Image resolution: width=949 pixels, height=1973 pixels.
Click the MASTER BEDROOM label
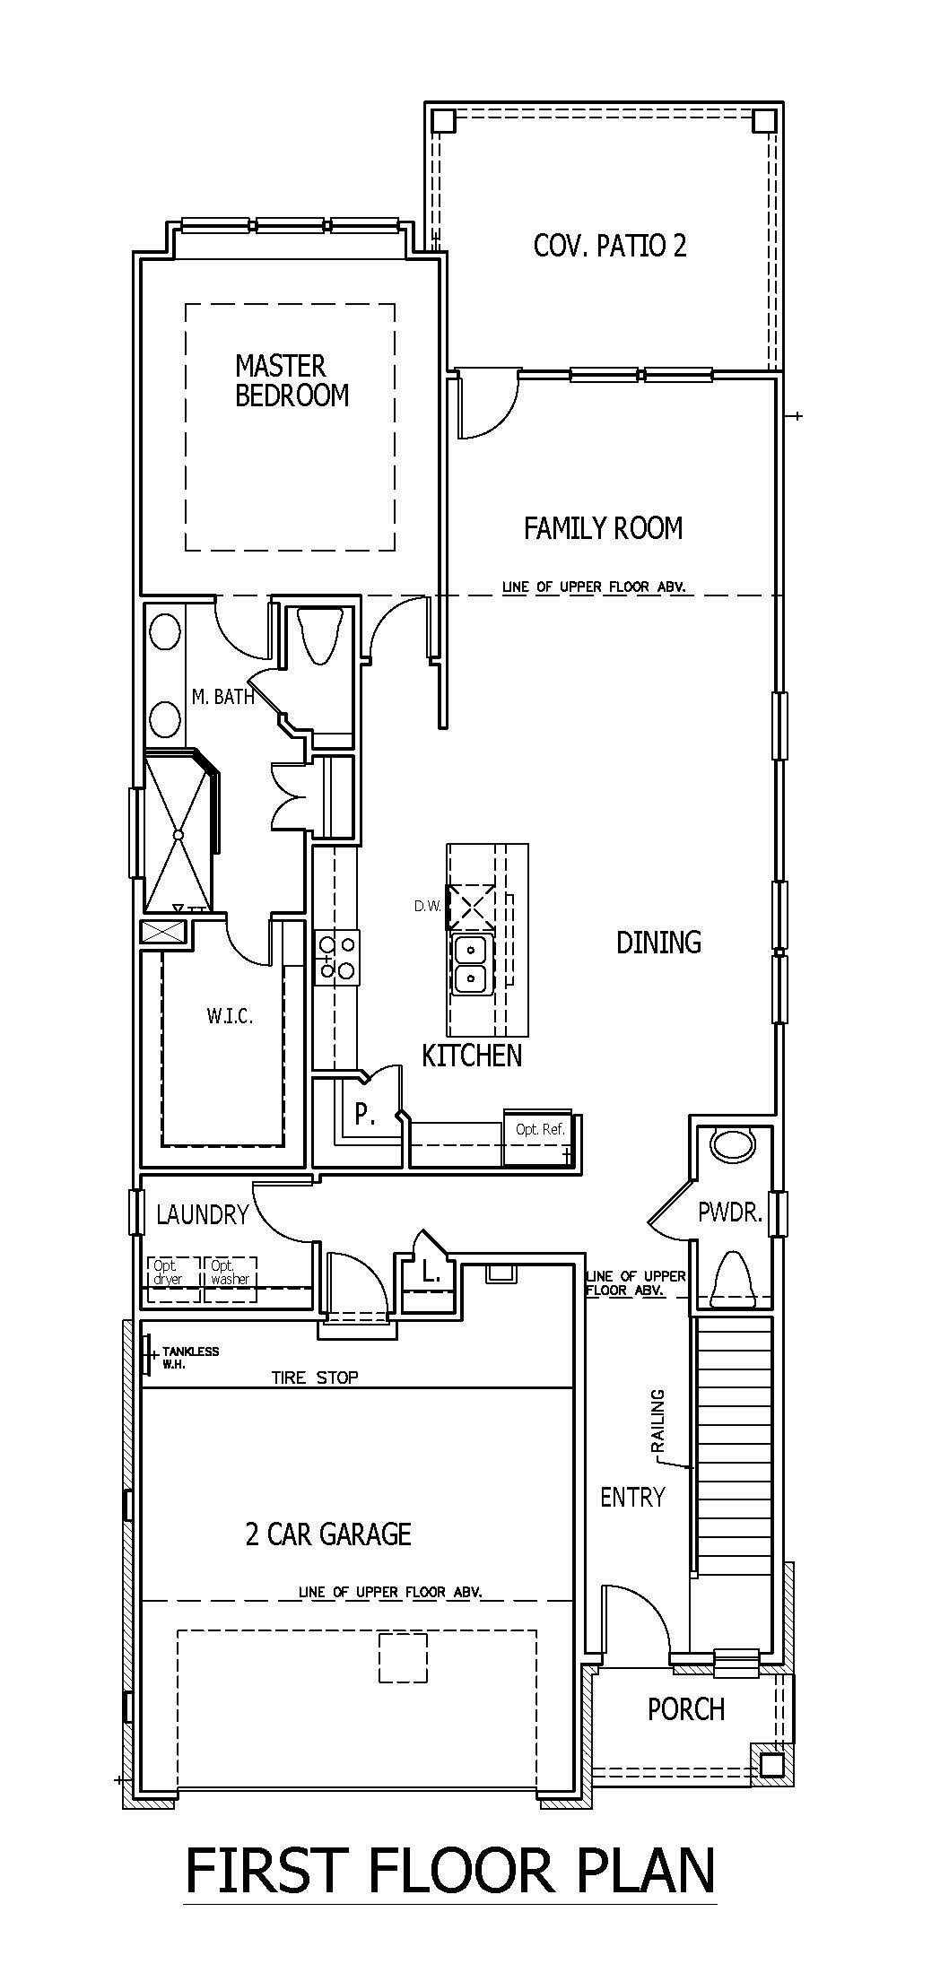coord(292,380)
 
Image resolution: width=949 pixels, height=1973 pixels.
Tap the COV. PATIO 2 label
coord(610,246)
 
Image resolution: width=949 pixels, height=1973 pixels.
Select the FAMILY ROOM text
coord(603,528)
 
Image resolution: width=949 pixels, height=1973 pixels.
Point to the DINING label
coord(658,942)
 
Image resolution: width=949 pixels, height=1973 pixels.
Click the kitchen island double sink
coord(470,963)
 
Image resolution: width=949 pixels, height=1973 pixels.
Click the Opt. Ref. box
coord(540,1140)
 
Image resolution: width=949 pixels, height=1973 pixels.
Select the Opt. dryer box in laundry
coord(174,1279)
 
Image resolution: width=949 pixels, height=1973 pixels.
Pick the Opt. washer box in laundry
coord(231,1279)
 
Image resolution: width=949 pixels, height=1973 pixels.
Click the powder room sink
coord(732,1145)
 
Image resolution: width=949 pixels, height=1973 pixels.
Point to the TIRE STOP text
coord(315,1377)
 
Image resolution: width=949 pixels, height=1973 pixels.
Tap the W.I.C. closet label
coord(230,1016)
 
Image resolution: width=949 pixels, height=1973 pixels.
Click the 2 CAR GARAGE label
coord(328,1534)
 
